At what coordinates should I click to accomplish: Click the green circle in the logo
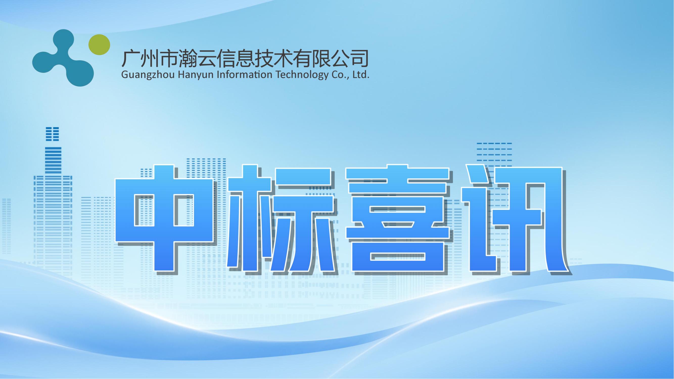click(x=99, y=45)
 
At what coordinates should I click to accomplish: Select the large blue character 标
click(x=280, y=220)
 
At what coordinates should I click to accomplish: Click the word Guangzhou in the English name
click(x=148, y=75)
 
